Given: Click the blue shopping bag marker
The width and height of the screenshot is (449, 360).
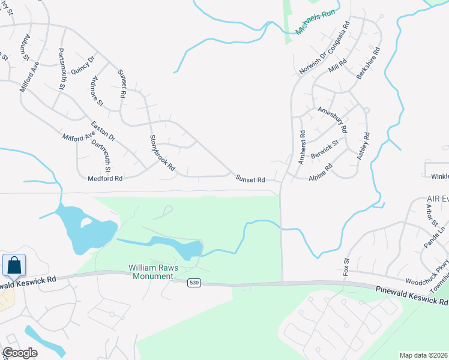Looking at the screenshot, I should coord(14,265).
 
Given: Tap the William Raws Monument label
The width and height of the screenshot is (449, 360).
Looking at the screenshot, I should coord(151,272).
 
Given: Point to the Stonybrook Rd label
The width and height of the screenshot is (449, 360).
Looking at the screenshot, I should coord(161,152).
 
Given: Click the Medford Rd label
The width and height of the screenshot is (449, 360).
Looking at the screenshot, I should coord(105,178).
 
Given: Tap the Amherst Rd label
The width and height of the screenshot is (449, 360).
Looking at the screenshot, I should coord(302,148).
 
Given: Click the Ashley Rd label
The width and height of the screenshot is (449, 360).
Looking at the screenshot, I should coord(364,146).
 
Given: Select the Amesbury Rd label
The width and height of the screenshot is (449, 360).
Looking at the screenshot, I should coord(333,119).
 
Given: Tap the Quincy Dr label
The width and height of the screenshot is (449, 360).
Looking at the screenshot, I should coord(83,65).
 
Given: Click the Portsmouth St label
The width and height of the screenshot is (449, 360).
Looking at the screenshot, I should coord(61,69).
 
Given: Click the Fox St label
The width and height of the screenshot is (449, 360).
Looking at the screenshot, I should coord(346,266).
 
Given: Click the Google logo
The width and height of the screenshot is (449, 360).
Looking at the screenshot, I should coord(20,353).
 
